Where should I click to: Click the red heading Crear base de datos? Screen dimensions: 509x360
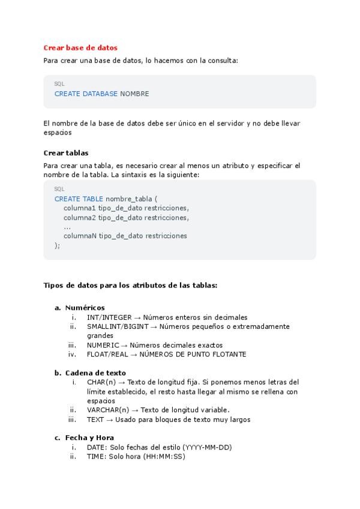[x=80, y=47]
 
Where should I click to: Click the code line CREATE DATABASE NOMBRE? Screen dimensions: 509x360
[x=101, y=94]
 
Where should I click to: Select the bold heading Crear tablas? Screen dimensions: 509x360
[x=66, y=152]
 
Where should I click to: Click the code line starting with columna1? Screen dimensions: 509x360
[x=126, y=208]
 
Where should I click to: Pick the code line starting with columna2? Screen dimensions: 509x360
[x=126, y=217]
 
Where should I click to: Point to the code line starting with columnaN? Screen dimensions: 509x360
[x=125, y=236]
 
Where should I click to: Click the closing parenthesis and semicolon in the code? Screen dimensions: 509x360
[x=58, y=245]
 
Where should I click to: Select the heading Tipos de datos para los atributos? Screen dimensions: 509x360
[x=130, y=285]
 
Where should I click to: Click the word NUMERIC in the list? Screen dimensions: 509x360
[x=103, y=345]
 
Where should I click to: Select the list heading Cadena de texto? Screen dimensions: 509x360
[x=95, y=373]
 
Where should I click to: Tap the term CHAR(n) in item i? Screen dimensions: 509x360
[x=101, y=382]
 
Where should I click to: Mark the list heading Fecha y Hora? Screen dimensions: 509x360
[x=89, y=438]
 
